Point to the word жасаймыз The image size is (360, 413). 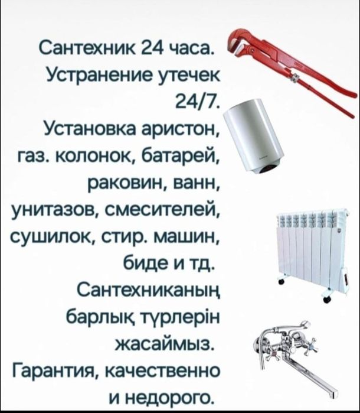[x=165, y=343]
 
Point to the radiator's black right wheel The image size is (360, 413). [x=327, y=299]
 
